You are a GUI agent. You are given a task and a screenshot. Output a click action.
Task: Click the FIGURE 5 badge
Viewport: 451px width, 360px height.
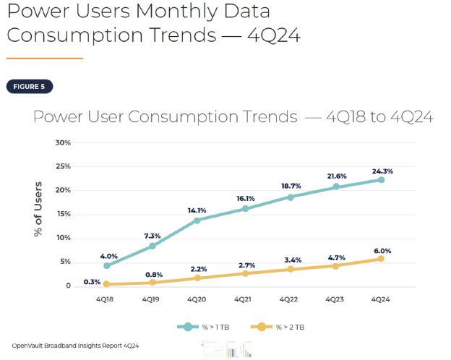[28, 87]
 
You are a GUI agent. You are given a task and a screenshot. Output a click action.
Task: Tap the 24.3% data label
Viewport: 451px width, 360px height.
[382, 171]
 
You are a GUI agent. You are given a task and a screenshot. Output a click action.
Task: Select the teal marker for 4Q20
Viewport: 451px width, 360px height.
[197, 220]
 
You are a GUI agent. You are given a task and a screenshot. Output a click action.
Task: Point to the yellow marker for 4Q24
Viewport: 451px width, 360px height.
[381, 259]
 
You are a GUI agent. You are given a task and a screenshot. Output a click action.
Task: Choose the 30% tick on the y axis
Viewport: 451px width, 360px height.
[62, 142]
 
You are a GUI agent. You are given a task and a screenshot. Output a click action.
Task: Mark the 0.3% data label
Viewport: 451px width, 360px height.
[92, 282]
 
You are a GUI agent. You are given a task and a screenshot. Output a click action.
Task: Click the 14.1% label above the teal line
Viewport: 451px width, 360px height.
[197, 210]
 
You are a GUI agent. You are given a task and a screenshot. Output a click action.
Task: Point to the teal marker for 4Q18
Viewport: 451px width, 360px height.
[106, 265]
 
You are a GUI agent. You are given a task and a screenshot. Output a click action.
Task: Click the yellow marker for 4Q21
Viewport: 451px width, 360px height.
[244, 273]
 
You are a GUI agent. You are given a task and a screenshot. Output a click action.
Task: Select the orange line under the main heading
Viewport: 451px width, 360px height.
[45, 58]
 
